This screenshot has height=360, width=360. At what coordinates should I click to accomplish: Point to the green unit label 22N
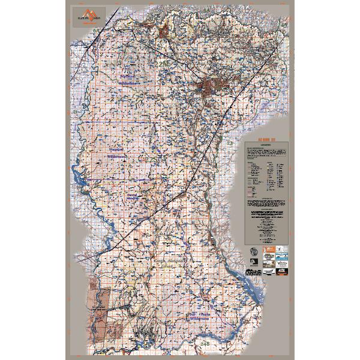(x=163, y=62)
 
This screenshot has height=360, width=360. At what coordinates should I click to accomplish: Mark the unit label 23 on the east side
(x=230, y=143)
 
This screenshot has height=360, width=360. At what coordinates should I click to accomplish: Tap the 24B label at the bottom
(x=206, y=343)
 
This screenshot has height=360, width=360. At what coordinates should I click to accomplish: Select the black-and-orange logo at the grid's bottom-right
(x=283, y=274)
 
